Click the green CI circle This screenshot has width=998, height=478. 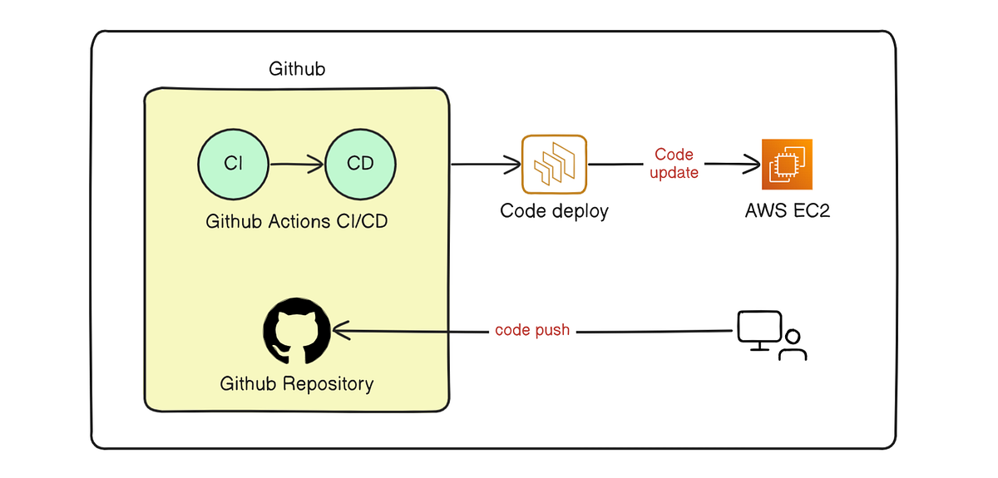pyautogui.click(x=234, y=164)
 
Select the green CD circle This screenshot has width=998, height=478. pyautogui.click(x=360, y=164)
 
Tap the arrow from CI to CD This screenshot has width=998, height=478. pyautogui.click(x=297, y=165)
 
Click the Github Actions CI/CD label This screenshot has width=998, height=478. pyautogui.click(x=297, y=222)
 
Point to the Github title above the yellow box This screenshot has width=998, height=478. pyautogui.click(x=297, y=69)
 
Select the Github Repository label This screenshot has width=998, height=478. pyautogui.click(x=297, y=384)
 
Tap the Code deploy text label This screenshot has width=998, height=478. pyautogui.click(x=554, y=211)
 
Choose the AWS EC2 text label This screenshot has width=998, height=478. pyautogui.click(x=787, y=211)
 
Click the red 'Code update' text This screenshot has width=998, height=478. pyautogui.click(x=674, y=164)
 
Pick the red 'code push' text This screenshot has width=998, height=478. pyautogui.click(x=532, y=330)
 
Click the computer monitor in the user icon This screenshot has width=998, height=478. pyautogui.click(x=758, y=328)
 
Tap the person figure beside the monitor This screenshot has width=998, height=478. pyautogui.click(x=793, y=346)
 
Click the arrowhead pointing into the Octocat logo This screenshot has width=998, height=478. pyautogui.click(x=340, y=332)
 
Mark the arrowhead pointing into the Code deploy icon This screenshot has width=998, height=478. pyautogui.click(x=511, y=165)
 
